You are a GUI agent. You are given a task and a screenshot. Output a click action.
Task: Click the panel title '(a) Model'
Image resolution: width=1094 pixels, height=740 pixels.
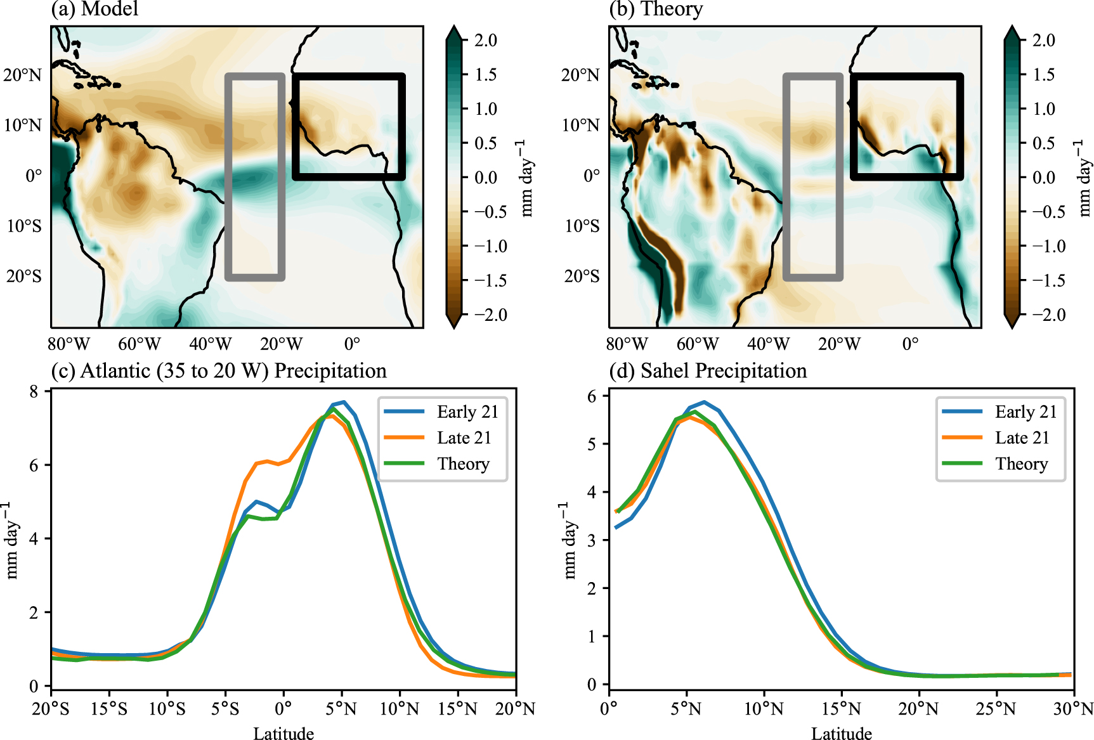[x=94, y=9]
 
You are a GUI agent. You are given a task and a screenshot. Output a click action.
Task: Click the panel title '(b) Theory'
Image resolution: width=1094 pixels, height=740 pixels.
[x=656, y=9]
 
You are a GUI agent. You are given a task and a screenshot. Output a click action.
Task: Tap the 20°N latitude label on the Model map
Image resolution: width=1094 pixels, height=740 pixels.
[x=22, y=75]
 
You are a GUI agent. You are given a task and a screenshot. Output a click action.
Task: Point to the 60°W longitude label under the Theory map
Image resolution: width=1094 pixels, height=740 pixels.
[x=698, y=344]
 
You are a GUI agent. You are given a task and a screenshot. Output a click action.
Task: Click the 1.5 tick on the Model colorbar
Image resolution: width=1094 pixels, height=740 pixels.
[x=486, y=75]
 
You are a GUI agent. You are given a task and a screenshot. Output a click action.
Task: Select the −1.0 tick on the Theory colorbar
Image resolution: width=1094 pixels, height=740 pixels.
[x=1049, y=246]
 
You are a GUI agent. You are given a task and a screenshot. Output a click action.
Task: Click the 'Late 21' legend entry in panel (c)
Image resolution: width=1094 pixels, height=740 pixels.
[x=464, y=438]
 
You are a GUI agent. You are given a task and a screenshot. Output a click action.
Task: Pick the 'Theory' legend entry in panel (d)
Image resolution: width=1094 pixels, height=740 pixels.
[x=1021, y=464]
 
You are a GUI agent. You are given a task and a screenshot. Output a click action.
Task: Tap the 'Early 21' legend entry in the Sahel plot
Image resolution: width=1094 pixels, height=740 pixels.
[x=1026, y=412]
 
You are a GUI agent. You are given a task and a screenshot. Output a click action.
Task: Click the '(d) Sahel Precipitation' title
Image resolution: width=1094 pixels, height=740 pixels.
[x=708, y=371]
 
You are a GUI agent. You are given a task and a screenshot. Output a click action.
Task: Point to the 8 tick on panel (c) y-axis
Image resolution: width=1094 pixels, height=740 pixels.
[x=34, y=391]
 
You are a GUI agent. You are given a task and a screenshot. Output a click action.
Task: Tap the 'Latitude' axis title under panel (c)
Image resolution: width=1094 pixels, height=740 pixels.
[x=283, y=734]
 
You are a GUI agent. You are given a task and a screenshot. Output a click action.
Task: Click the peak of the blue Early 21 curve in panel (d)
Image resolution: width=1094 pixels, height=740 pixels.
[x=704, y=402]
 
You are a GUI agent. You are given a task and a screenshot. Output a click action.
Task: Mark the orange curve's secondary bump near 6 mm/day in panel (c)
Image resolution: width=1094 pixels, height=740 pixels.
[x=267, y=462]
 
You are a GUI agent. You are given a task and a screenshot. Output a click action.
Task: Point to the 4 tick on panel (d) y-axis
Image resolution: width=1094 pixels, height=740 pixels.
[x=591, y=492]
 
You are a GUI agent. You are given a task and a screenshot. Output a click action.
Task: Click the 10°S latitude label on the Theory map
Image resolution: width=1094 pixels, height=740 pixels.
[x=582, y=226]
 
